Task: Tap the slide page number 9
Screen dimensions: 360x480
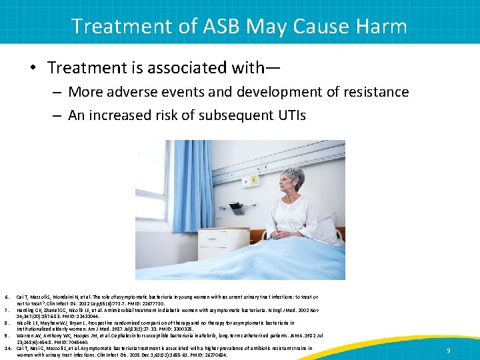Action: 449,350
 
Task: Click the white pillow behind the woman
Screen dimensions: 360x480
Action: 327,223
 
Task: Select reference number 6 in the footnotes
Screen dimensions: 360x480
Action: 6,297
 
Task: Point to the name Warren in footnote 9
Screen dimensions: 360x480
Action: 25,335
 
